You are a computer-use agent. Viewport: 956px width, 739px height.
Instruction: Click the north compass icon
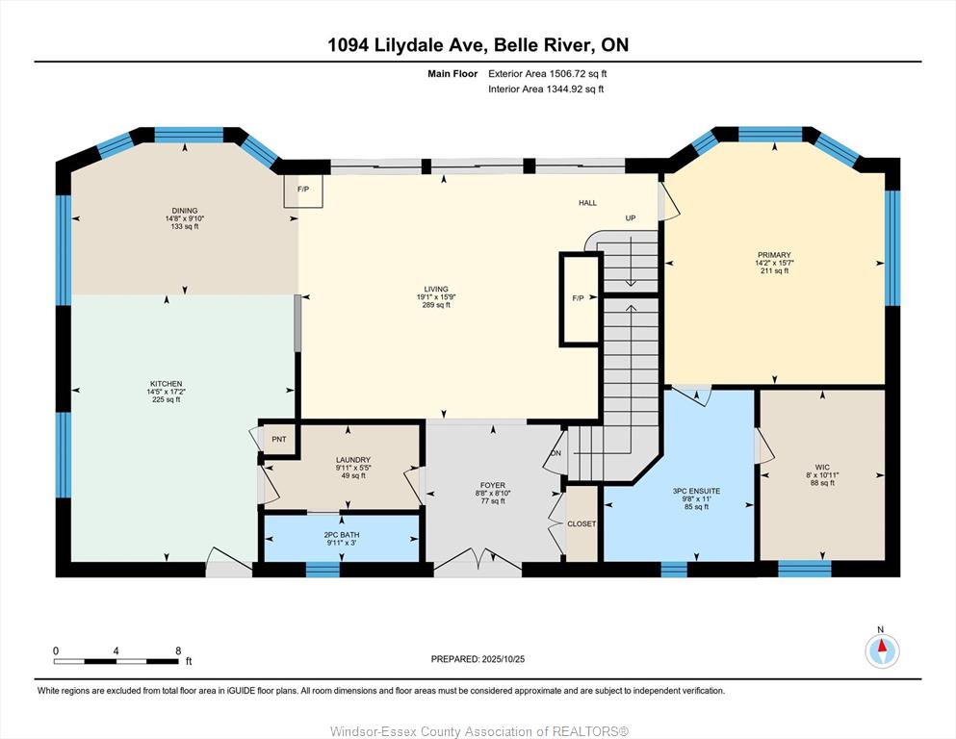point(882,651)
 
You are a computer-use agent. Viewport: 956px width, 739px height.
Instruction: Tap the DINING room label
point(185,211)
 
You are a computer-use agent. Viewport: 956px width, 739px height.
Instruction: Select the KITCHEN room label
point(166,384)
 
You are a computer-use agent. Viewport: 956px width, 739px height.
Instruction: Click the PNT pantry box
point(278,439)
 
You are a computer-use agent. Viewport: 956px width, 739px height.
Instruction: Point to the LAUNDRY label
point(353,460)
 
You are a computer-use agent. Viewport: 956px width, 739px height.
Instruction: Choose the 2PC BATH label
point(342,535)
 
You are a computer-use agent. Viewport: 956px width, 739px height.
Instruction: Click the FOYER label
point(493,486)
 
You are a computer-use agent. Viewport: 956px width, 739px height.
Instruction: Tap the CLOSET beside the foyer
point(581,523)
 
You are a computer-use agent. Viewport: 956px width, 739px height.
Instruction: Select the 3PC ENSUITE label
point(696,491)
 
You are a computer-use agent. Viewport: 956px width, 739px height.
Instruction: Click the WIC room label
point(822,468)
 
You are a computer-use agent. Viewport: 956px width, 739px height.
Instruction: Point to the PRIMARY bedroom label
point(774,255)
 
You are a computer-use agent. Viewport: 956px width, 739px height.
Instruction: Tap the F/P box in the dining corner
point(303,191)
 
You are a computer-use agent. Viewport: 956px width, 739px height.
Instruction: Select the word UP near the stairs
point(631,218)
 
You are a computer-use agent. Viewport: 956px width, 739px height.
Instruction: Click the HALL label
point(587,203)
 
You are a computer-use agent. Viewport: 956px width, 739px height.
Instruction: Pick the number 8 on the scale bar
point(178,650)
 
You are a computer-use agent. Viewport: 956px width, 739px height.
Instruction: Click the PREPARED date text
point(478,659)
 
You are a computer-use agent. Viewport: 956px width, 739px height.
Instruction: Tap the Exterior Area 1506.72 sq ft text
point(548,74)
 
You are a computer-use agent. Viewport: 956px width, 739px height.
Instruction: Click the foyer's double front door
point(478,560)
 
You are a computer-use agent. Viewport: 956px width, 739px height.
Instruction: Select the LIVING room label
point(436,290)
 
